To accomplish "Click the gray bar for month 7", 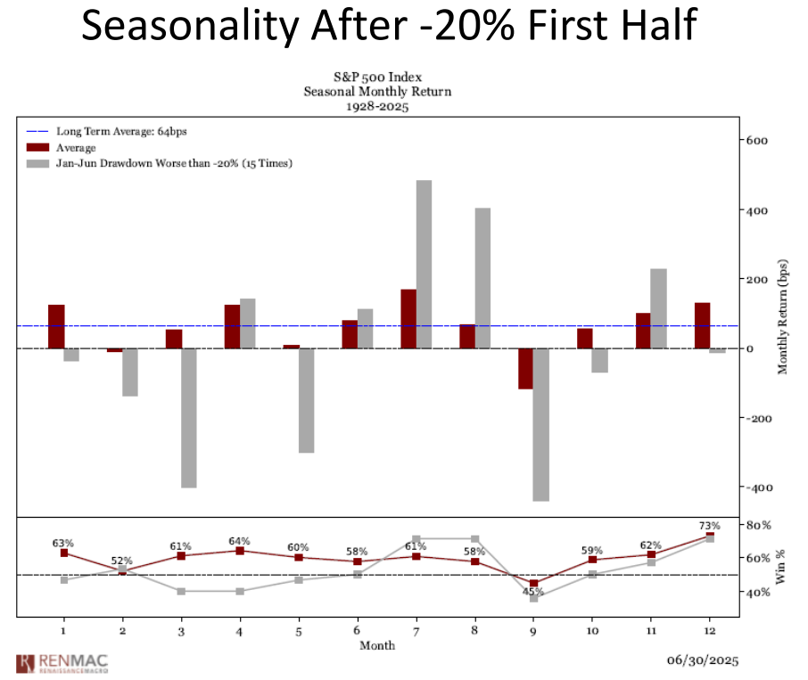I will pos(424,265).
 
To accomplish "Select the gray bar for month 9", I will pos(540,424).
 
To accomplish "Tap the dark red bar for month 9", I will pos(525,368).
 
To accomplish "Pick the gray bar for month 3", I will pos(189,418).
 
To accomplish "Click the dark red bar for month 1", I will pos(56,326).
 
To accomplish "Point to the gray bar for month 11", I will pos(658,308).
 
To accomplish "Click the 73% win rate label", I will pos(709,526).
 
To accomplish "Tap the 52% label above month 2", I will pos(122,561).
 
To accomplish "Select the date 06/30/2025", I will pos(702,660).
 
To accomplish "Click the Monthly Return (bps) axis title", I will pos(783,317).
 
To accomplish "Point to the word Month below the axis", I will pos(377,644).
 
